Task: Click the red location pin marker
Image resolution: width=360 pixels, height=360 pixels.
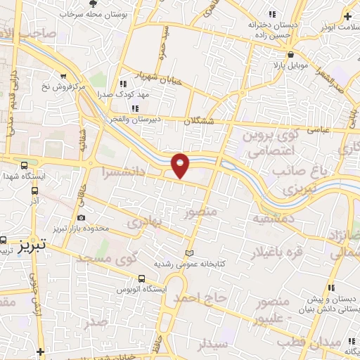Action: (x=181, y=165)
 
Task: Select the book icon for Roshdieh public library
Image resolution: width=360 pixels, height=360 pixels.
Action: (x=188, y=253)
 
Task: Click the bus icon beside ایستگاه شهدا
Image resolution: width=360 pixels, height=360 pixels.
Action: (x=24, y=164)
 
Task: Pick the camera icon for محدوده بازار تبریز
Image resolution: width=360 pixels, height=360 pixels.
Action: (x=82, y=219)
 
